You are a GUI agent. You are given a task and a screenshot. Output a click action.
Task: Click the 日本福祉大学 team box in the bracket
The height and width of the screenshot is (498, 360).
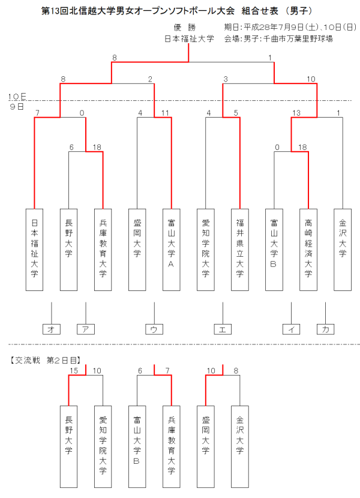(x=34, y=248)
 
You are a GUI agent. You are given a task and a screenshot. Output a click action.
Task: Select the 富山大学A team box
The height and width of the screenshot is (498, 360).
(x=172, y=248)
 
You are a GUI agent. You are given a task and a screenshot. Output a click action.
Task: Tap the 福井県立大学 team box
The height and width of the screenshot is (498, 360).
(x=240, y=248)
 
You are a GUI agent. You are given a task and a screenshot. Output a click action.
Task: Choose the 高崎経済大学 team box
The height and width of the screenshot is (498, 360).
(x=308, y=248)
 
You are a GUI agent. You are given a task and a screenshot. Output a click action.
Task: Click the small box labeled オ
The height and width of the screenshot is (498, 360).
(x=52, y=329)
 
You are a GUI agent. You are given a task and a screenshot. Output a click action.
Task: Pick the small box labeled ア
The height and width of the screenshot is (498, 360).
(x=86, y=329)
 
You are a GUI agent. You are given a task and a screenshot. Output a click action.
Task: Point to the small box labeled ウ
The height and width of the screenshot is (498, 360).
(x=154, y=329)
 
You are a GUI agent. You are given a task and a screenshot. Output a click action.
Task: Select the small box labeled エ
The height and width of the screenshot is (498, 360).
(x=223, y=329)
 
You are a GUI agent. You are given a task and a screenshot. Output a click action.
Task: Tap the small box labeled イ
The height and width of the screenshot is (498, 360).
(x=291, y=329)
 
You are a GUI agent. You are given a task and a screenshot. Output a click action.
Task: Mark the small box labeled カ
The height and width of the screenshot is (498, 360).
(x=325, y=329)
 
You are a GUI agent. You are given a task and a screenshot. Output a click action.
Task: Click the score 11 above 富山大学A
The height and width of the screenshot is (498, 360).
(x=165, y=113)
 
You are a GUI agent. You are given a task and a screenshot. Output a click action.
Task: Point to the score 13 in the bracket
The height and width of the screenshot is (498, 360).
(x=296, y=113)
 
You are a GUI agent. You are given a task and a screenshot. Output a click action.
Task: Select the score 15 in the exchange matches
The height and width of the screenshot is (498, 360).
(x=74, y=371)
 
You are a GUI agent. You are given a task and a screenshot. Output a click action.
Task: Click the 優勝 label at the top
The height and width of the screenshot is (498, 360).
(x=185, y=27)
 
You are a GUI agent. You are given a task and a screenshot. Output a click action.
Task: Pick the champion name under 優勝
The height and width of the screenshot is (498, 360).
(x=189, y=38)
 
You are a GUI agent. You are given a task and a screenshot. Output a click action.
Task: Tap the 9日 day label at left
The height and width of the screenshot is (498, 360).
(x=16, y=106)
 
